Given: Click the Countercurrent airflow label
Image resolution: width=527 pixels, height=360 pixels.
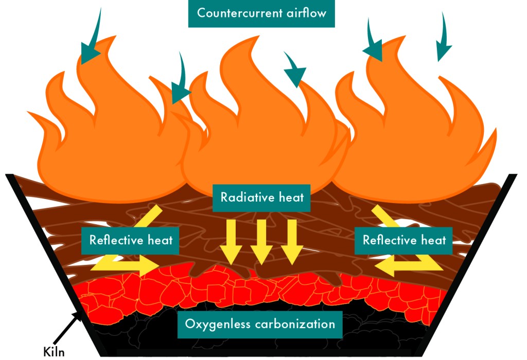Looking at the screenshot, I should pos(261,13).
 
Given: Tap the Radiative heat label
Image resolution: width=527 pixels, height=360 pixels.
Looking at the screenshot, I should pos(262,197).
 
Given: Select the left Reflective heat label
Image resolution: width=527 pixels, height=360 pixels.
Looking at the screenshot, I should pos(131,240).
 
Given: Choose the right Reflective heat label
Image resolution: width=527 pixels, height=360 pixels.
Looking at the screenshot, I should pos(404,240).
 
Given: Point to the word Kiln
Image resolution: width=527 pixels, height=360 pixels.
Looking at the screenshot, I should pos(54,352).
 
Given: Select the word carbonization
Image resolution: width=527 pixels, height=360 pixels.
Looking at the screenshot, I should pos(292,325).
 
